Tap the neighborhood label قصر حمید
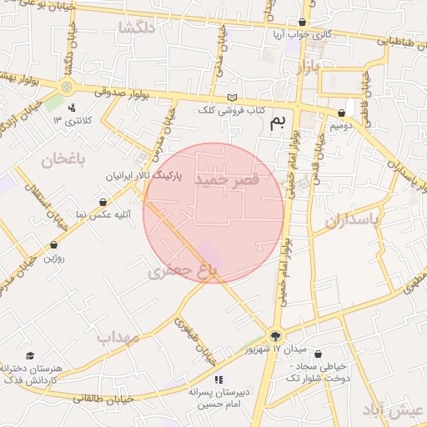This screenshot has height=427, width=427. (227, 179)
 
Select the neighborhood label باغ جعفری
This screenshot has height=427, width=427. (182, 271)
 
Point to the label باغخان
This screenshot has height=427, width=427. (58, 158)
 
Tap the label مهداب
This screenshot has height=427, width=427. (116, 338)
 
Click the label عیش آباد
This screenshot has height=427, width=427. (394, 409)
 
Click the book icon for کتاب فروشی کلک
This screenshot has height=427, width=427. (232, 98)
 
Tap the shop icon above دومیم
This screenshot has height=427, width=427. (342, 113)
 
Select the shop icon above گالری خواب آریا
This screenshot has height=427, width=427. (302, 22)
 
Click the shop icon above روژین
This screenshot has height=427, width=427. (54, 245)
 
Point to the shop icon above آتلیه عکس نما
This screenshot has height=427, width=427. (103, 202)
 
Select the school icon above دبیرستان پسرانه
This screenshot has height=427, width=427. (219, 379)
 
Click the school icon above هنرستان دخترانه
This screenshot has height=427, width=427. (31, 356)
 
